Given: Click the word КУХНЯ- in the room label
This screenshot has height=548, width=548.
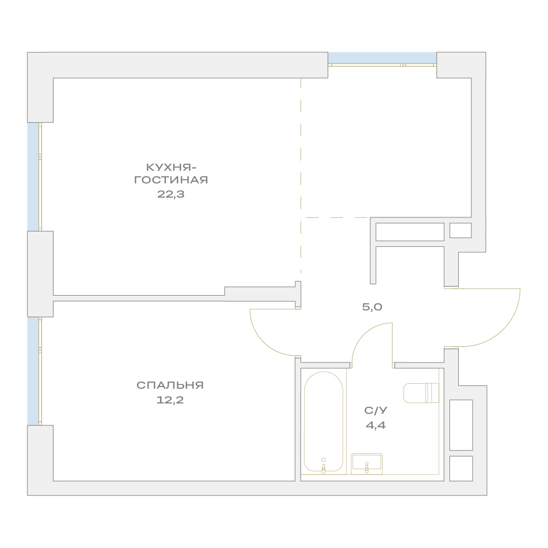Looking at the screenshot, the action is [x=171, y=168].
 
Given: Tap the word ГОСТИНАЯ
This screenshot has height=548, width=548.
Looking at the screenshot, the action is [x=171, y=180].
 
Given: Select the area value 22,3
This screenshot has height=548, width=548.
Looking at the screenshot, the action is [x=171, y=194].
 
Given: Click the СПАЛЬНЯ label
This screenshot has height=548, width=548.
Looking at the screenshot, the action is [x=170, y=385].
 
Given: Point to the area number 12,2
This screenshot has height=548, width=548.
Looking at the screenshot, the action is [x=170, y=400].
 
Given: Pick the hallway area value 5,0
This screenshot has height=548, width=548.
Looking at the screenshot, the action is [x=372, y=307].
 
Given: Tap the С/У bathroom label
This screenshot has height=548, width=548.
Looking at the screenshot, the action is [x=376, y=410].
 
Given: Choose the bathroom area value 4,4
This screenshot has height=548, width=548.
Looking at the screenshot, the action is [x=376, y=425].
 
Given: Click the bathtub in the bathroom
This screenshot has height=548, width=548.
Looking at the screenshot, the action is [x=324, y=422].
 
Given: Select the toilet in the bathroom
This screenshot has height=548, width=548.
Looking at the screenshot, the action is [x=421, y=393].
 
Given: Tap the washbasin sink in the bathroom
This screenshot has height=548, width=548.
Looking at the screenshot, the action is [x=367, y=464].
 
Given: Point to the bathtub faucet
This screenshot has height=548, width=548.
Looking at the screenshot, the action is [x=324, y=466].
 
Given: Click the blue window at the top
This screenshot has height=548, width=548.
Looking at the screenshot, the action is [x=382, y=58].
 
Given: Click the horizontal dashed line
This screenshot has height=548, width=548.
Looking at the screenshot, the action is [x=337, y=217].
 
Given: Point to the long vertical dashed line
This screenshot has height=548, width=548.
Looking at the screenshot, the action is [x=301, y=175].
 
